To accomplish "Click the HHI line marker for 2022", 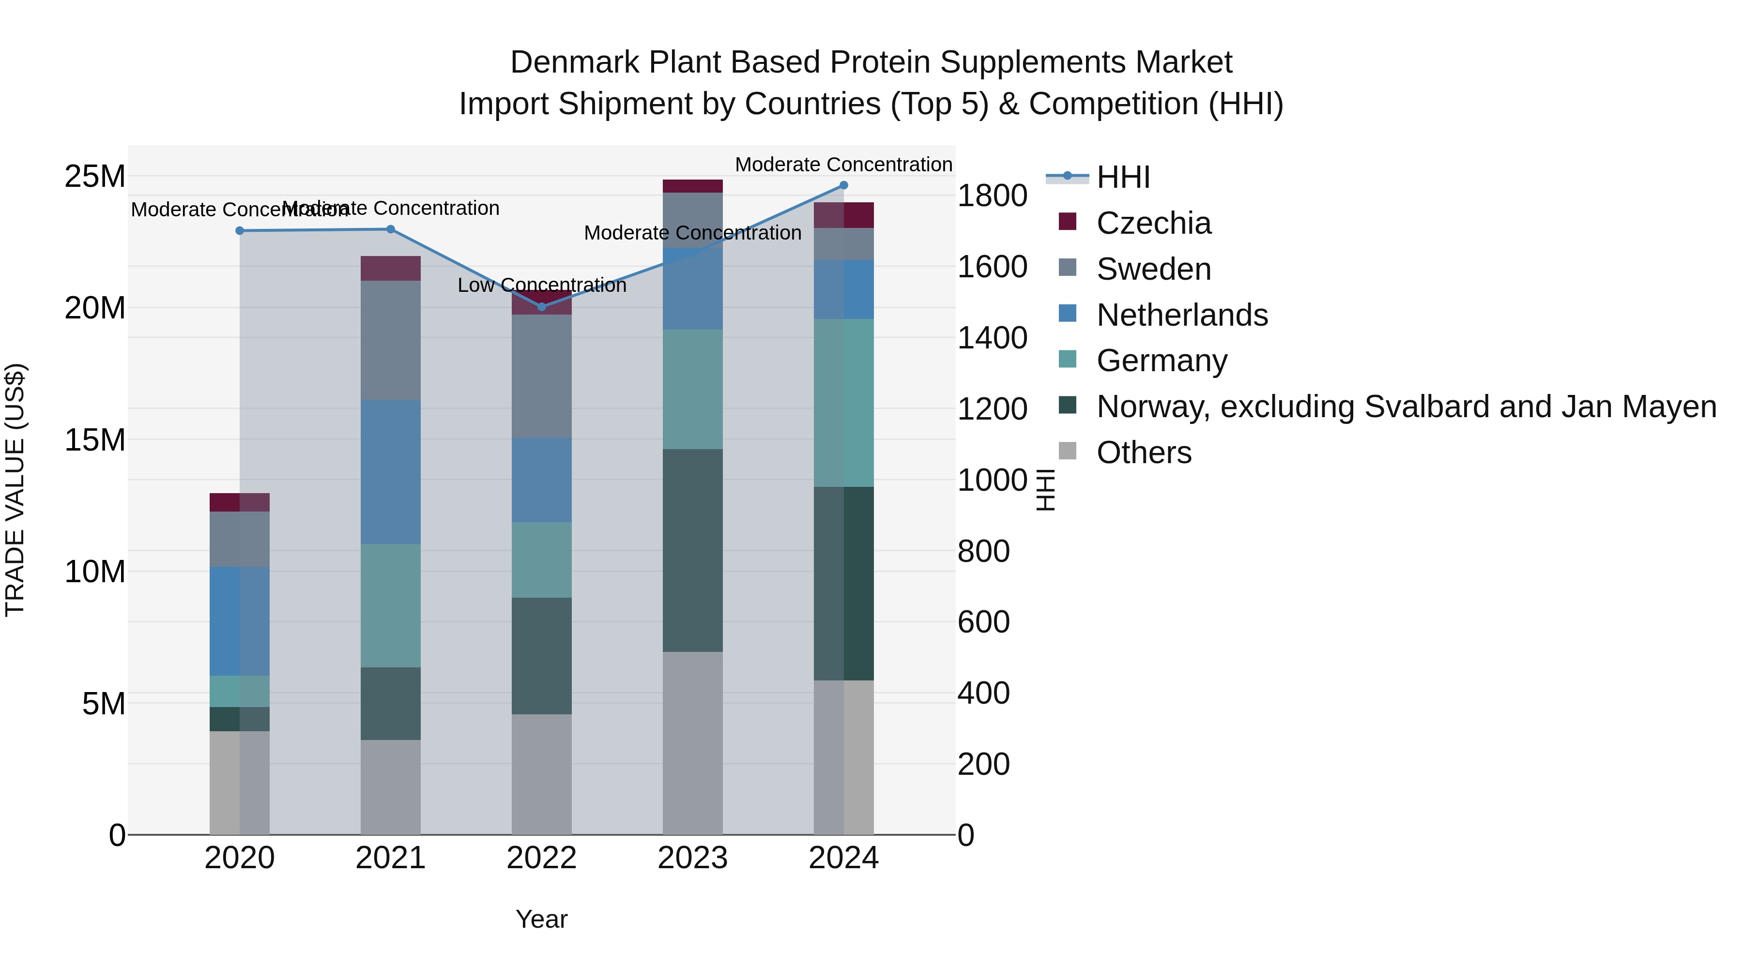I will tap(541, 307).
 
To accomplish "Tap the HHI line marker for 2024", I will tap(844, 185).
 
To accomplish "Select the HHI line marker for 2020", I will tap(240, 231).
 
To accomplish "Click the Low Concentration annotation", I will tap(541, 286).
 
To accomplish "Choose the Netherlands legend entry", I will tap(1181, 315).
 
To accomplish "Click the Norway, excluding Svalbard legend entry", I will tap(1406, 407).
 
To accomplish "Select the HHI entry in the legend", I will tap(1123, 177).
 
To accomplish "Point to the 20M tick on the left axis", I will tap(95, 308).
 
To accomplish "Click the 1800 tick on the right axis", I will tap(992, 196).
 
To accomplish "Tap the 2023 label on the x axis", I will tap(692, 858).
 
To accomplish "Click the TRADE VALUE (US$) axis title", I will tap(15, 490).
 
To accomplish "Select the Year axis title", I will tap(541, 919).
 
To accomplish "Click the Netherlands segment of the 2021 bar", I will tap(390, 471).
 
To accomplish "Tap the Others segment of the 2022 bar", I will tap(541, 774).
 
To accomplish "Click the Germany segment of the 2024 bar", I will tap(844, 403).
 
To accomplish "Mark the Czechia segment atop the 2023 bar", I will tap(692, 186).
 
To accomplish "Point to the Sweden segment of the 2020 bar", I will tap(240, 539).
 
